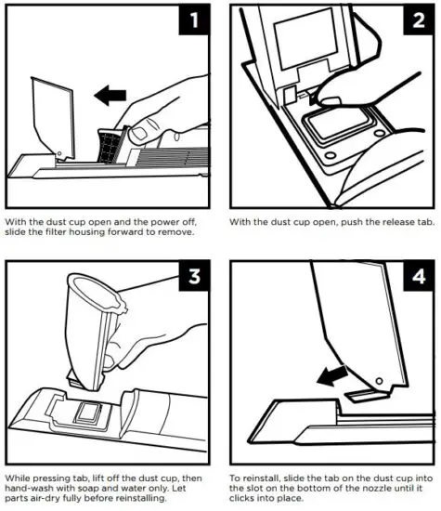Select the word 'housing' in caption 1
87,232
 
